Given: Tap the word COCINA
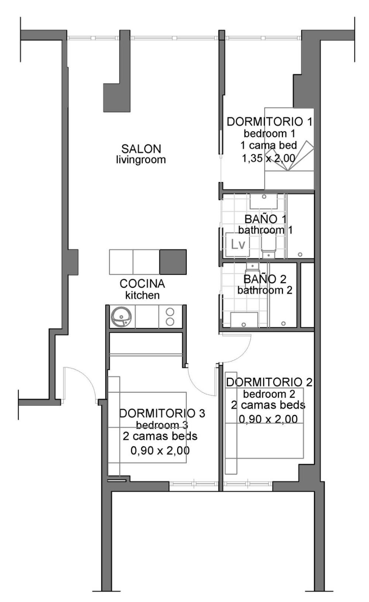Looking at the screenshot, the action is [142, 284].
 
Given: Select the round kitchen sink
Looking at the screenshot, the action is [121, 317].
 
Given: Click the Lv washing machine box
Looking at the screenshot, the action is [238, 245].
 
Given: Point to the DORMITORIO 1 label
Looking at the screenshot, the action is [270, 122].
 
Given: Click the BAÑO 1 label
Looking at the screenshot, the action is [265, 219].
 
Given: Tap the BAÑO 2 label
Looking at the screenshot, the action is [265, 279].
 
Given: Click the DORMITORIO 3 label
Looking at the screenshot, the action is [162, 414].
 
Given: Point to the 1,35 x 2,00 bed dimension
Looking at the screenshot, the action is [269, 158].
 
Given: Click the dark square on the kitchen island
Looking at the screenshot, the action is [173, 262].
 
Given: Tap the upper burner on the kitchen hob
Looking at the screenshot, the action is [170, 312].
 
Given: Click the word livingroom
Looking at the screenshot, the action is [141, 160].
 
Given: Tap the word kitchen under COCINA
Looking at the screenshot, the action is [142, 295].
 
